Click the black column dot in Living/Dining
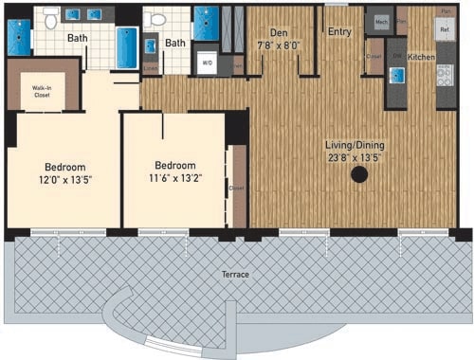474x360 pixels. coord(359,174)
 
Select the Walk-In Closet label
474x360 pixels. coord(42,91)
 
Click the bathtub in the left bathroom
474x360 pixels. coord(127,47)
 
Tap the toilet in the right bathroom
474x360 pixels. coord(158,19)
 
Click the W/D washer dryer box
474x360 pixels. coord(207,63)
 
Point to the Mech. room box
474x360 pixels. coord(381,21)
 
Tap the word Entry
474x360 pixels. coord(339,31)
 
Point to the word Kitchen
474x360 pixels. coord(422,58)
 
